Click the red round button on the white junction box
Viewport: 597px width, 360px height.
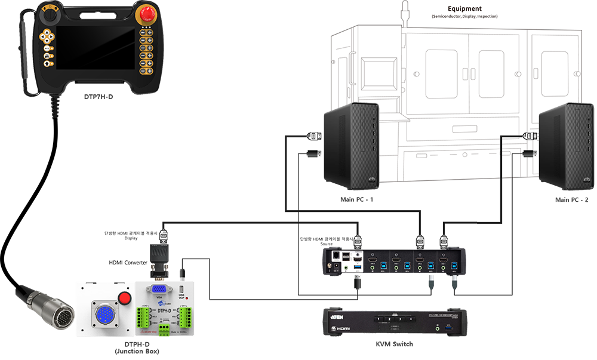pos(125,299)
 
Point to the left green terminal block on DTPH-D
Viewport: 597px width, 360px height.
pos(143,319)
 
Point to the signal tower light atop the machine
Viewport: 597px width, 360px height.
pos(405,13)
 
